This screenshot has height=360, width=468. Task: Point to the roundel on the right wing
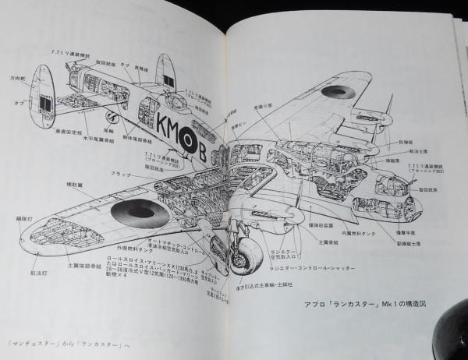click(338, 92)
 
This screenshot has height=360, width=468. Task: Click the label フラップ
click(120, 174)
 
